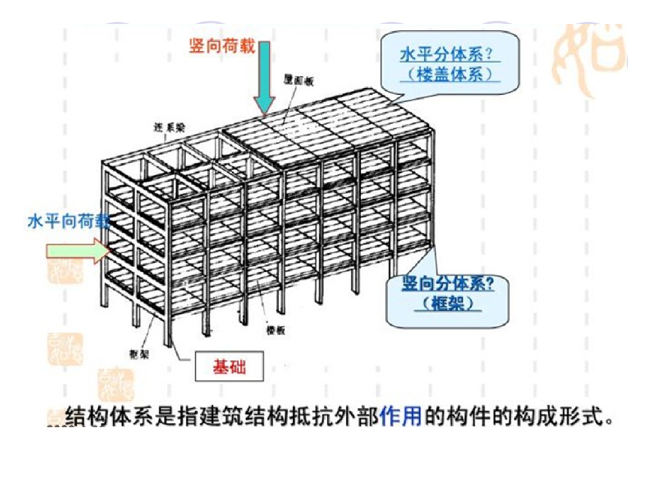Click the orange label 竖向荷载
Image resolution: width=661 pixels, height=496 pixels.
(x=222, y=46)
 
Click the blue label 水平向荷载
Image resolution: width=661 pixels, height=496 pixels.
(x=68, y=222)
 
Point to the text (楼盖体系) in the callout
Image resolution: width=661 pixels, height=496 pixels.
(x=451, y=74)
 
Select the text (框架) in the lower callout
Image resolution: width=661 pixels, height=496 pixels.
(x=448, y=303)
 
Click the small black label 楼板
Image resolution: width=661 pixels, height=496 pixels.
(x=276, y=330)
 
